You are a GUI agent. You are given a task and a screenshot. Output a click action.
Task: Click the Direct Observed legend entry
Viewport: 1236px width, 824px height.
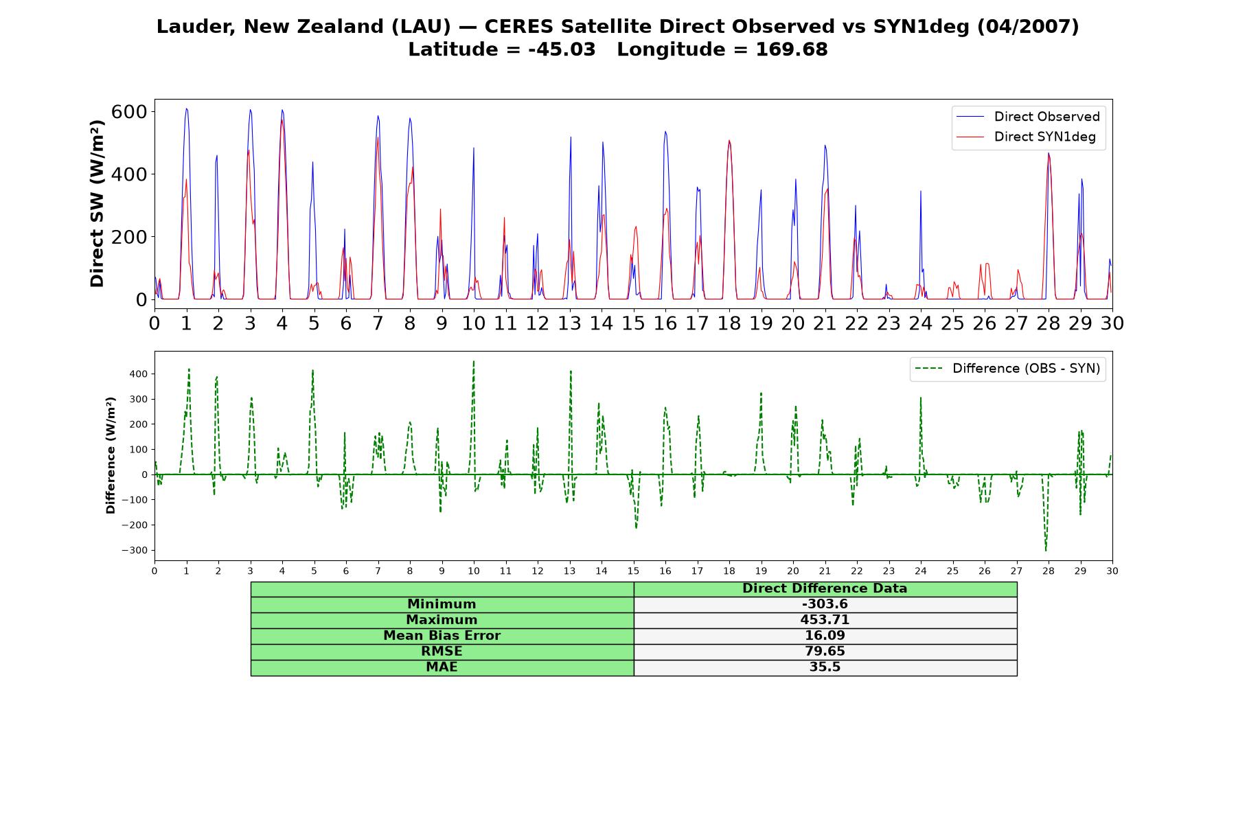coord(1028,117)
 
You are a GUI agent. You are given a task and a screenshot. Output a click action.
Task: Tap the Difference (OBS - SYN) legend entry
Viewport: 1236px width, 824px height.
coord(1008,369)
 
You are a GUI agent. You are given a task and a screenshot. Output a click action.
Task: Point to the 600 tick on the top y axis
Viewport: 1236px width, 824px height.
coord(129,111)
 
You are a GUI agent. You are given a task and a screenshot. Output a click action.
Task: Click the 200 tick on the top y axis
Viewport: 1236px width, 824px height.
coord(129,237)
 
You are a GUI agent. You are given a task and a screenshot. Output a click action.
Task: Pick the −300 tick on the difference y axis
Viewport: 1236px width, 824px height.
coord(135,551)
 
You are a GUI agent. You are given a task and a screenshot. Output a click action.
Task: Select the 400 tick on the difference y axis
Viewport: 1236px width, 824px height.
coord(138,374)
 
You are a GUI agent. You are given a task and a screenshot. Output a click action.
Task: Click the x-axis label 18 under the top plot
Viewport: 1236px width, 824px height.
coord(729,323)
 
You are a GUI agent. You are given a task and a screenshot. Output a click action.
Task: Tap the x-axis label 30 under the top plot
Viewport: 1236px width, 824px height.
coord(1112,323)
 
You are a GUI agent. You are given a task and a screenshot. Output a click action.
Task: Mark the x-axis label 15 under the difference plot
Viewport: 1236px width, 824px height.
coord(633,571)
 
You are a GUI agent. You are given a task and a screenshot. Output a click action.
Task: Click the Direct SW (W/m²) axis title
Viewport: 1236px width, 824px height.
coord(97,204)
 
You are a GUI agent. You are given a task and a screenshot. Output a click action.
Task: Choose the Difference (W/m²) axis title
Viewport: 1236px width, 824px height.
coord(111,456)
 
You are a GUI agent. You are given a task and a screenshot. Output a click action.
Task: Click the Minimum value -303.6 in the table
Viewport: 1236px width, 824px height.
coord(825,604)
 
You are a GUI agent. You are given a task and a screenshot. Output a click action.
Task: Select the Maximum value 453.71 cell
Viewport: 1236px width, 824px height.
coord(825,620)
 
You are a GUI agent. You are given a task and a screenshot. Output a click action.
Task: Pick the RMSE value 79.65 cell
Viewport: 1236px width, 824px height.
coord(825,652)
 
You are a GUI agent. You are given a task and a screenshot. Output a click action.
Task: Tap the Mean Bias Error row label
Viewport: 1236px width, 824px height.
coord(442,636)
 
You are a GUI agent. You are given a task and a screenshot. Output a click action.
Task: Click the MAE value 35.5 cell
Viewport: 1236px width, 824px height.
coord(825,667)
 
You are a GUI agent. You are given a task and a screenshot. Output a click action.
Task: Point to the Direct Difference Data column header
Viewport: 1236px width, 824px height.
coord(825,588)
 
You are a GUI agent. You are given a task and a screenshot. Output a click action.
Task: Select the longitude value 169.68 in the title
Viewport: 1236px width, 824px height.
coord(792,49)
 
